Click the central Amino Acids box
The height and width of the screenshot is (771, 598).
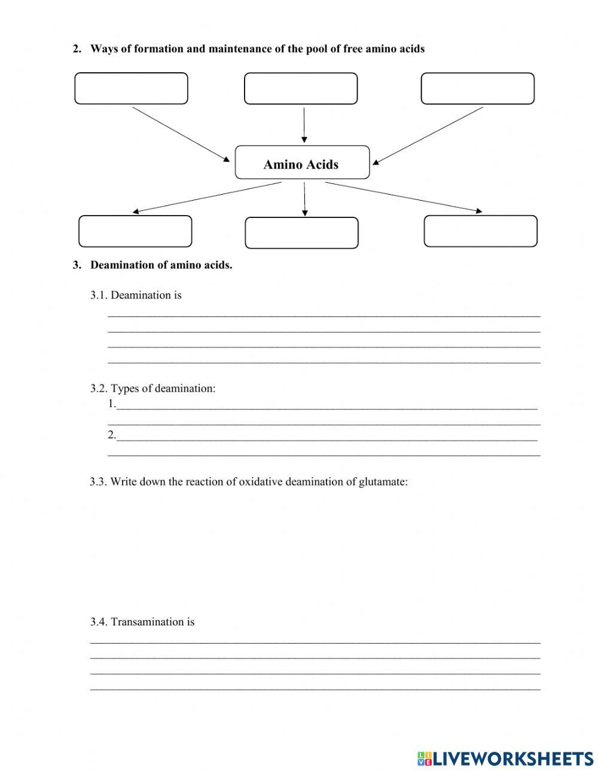[x=302, y=162]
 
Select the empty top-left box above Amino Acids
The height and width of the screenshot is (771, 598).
[x=131, y=88]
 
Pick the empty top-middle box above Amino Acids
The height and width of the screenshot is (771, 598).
[x=301, y=88]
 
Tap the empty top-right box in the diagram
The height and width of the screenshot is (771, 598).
[x=477, y=88]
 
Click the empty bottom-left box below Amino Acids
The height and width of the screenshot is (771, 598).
[x=135, y=231]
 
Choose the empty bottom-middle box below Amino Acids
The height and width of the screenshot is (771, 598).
[x=301, y=233]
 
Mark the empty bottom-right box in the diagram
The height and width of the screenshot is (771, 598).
[x=480, y=231]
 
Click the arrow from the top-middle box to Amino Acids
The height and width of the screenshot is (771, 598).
[x=304, y=125]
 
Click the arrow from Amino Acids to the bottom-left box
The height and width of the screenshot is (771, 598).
[x=207, y=197]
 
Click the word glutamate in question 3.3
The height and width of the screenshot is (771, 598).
[x=382, y=482]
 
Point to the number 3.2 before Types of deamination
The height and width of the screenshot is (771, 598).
[x=98, y=389]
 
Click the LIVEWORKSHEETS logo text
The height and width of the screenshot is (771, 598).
[x=512, y=759]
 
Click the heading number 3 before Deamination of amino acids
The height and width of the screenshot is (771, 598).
[x=77, y=265]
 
